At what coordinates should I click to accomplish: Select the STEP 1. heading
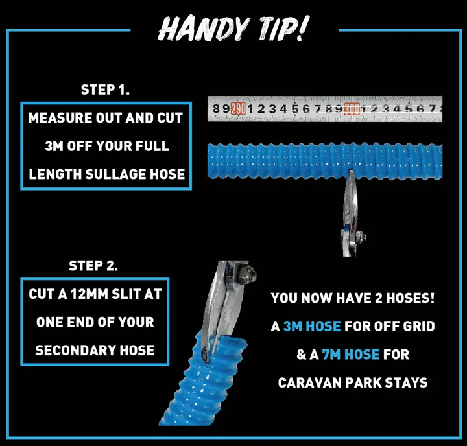pos(105,89)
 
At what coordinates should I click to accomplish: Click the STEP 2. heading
pos(93,266)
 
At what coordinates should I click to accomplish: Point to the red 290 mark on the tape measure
pos(238,109)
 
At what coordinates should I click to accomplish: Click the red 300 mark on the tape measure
pos(352,109)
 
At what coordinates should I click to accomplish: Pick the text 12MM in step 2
pos(89,294)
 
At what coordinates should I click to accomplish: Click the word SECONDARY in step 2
pos(75,351)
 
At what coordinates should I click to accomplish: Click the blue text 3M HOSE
pos(312,327)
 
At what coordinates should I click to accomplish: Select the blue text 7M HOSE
pos(350,355)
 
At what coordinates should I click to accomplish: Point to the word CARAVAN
pos(309,383)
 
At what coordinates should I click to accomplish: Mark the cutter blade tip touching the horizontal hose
pos(352,172)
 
